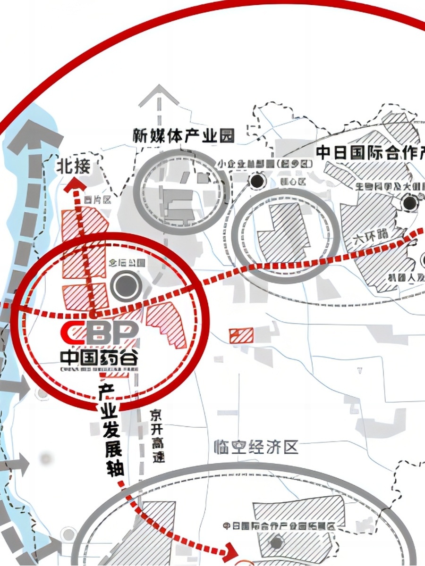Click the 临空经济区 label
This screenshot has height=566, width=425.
point(256,447)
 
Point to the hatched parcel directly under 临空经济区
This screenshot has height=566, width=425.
point(297,512)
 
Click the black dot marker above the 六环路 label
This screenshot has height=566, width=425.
point(410,203)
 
